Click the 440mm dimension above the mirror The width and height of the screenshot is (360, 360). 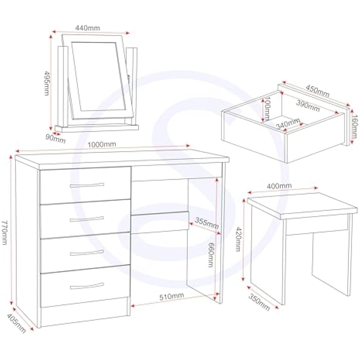pos(87,28)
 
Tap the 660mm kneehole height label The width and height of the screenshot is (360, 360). pos(211,254)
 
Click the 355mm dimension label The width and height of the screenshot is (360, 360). pos(207,223)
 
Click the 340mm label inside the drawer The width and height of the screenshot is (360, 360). pos(288,124)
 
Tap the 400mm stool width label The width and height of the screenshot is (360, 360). pos(279,186)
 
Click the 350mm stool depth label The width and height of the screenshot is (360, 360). pos(259,302)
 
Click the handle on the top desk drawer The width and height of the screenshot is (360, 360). pos(87,186)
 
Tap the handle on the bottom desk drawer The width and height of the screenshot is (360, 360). pos(87,286)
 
